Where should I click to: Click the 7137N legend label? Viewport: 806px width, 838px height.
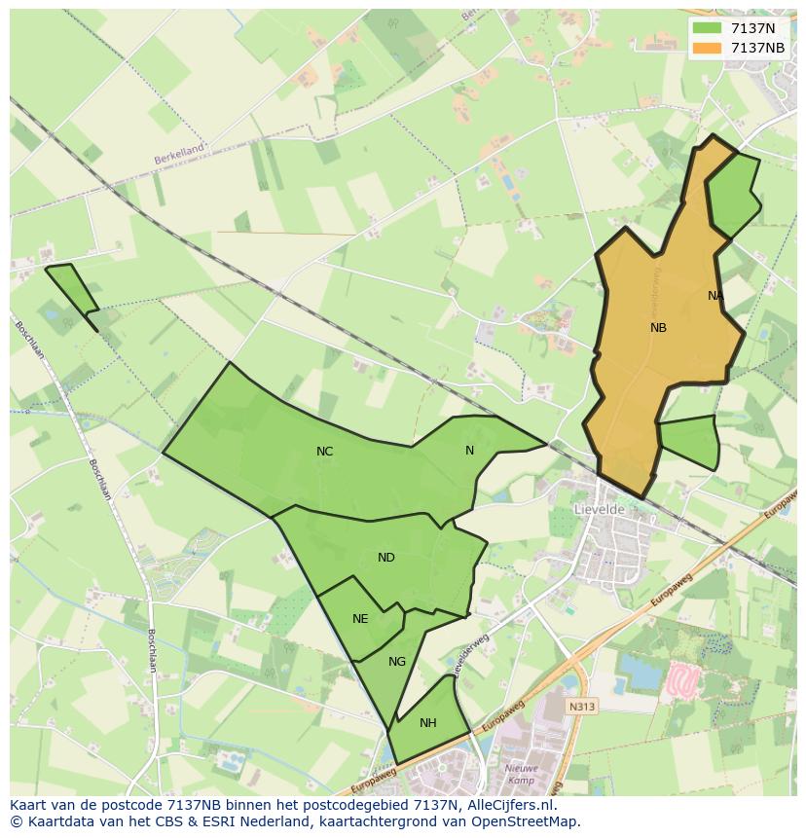pos(752,29)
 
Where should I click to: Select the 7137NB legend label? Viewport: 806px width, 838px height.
pos(757,48)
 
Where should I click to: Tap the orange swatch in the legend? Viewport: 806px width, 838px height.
pos(708,48)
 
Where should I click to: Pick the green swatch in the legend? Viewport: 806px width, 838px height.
pos(708,29)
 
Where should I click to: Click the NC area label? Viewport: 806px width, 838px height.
pos(325,452)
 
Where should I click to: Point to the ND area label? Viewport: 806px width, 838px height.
pos(386,558)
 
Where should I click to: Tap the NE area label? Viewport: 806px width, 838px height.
pos(360,619)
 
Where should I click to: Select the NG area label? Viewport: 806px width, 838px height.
pos(397,662)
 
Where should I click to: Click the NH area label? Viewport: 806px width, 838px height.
pos(428,723)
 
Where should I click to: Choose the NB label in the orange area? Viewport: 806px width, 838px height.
pos(659,328)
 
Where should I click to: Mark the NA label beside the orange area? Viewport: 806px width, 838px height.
pos(715,296)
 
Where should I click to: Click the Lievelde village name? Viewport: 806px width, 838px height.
pos(600,509)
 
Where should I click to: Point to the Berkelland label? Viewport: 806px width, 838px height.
pos(179,153)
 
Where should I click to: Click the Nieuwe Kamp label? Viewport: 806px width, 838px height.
pos(522,775)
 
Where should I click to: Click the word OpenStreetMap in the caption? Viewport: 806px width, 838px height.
pos(526,821)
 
